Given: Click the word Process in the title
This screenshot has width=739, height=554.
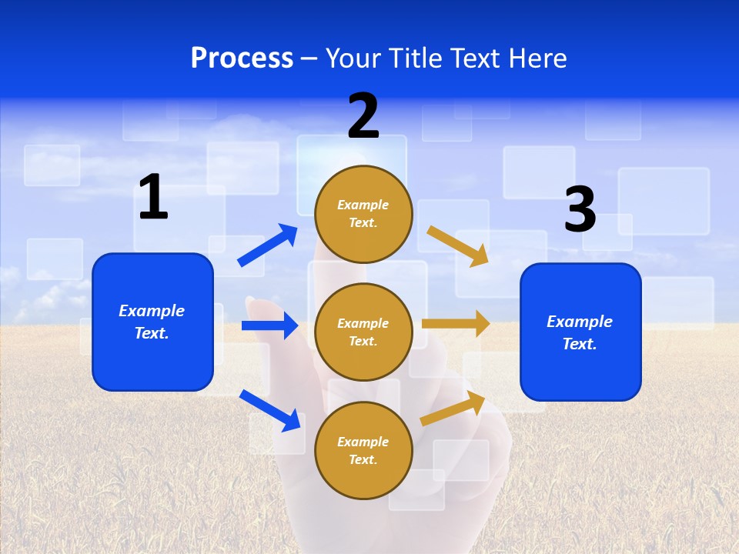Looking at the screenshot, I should pos(242,58).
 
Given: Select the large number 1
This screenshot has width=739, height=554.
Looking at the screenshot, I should pos(153,197).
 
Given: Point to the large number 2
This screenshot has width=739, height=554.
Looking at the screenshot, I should pos(363,116).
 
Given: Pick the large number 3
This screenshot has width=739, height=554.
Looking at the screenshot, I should pos(580,209).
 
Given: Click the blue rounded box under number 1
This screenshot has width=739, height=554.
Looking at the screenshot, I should pos(152,322).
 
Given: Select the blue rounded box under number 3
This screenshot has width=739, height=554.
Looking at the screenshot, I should pos(580,332).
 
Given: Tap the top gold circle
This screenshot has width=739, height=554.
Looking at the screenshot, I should pos(363,214).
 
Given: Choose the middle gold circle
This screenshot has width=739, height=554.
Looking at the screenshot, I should pos(363,332).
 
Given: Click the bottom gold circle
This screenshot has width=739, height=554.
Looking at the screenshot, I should pos(363,450).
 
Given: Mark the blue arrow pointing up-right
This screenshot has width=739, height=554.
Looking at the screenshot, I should pos(268,245).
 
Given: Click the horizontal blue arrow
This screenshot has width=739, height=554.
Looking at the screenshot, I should pos(269,325).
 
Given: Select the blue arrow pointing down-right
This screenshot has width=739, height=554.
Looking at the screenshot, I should pos(270,410).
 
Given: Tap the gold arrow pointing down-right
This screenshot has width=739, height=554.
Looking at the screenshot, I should pos(458,245).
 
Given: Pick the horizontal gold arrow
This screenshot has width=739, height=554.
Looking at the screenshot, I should pos(456,324).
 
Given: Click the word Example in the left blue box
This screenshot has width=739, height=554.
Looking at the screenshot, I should pos(152,311).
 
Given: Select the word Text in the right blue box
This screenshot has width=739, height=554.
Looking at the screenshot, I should pos(579,344).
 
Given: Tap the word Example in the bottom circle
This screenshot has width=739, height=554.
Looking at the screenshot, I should pos(363,442).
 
